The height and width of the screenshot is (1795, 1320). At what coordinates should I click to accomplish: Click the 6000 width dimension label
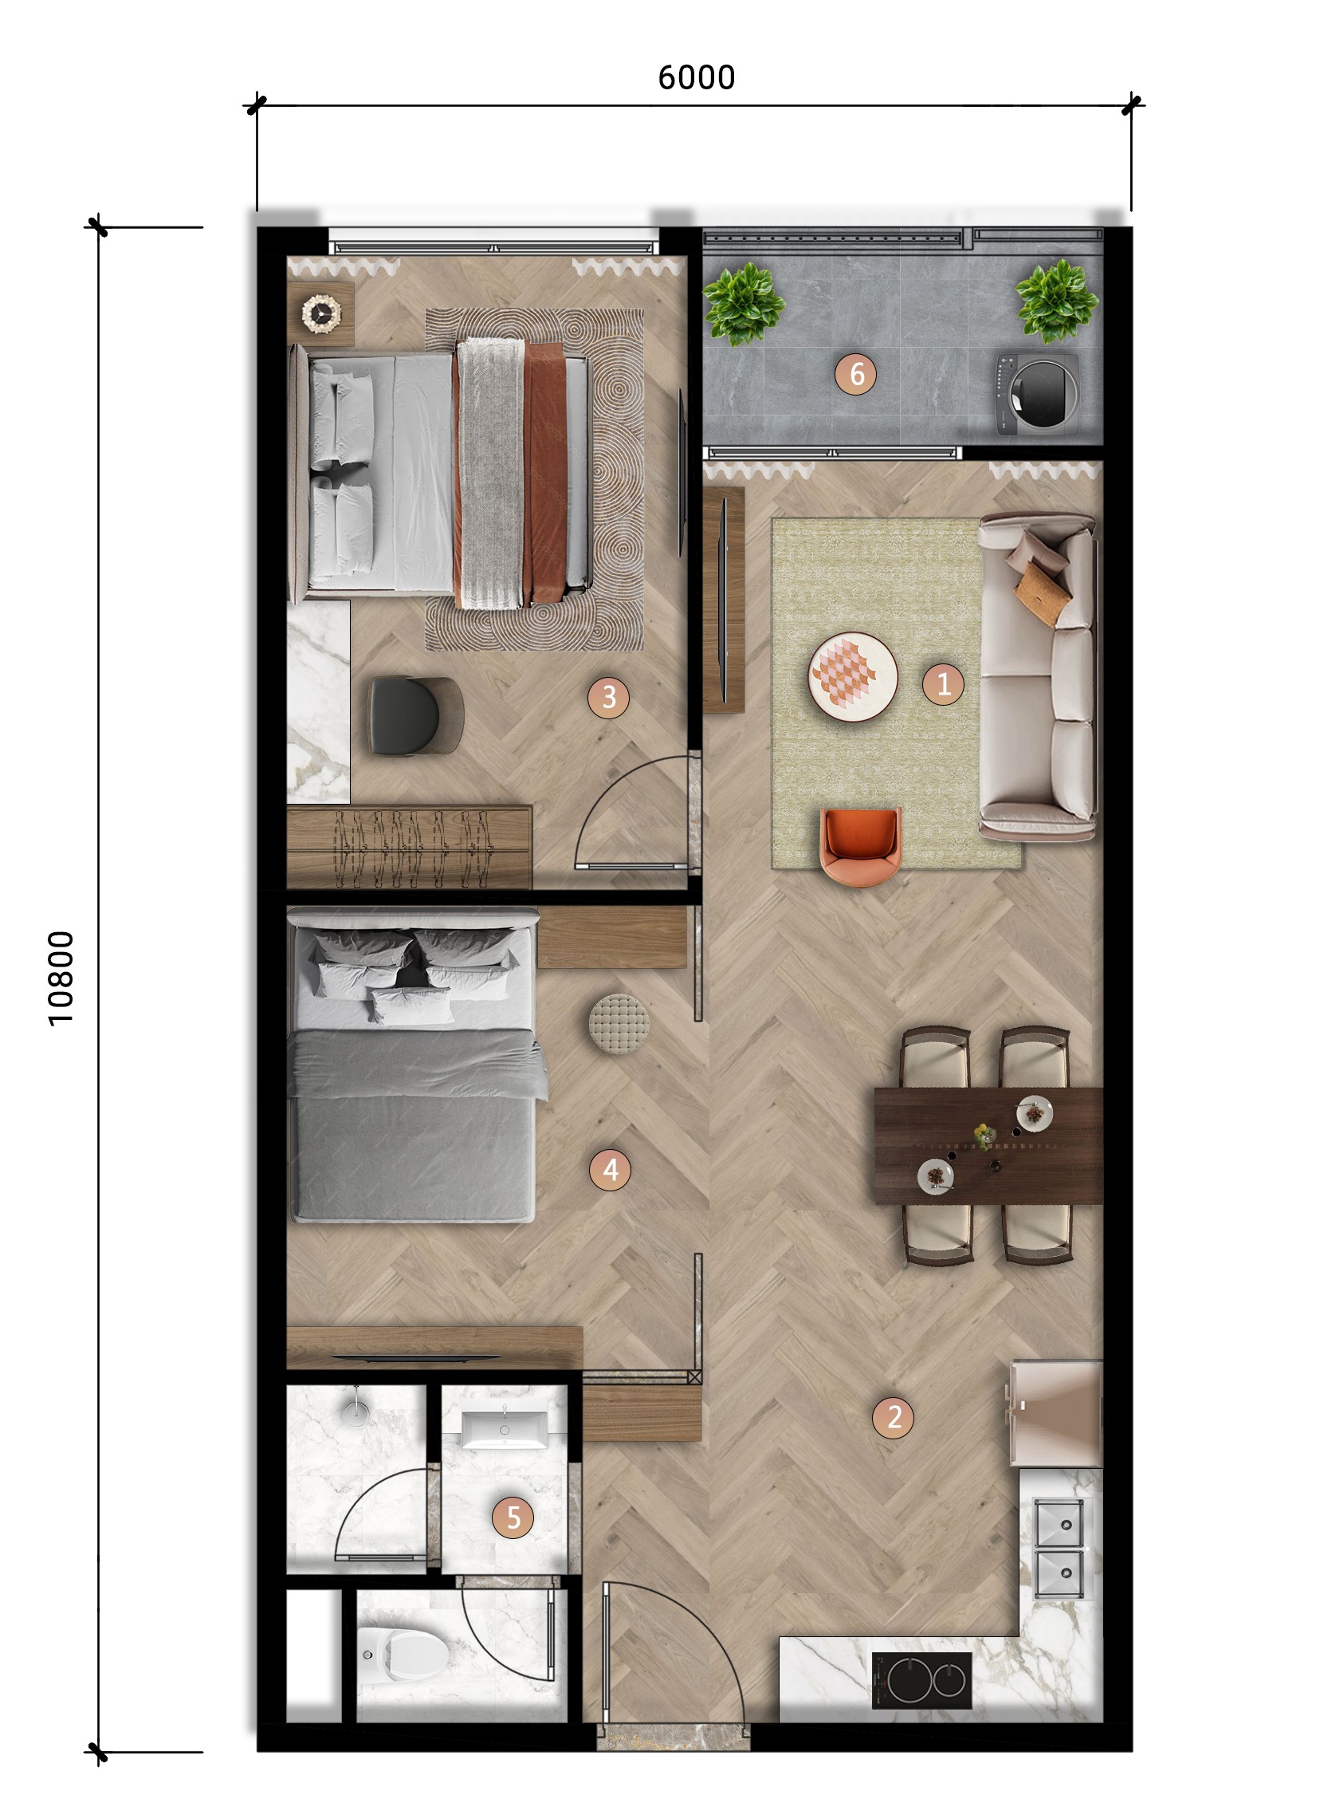(x=696, y=77)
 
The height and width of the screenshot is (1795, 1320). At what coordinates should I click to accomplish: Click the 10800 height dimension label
(x=61, y=978)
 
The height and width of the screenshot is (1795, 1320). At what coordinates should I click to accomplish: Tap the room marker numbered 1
(x=943, y=684)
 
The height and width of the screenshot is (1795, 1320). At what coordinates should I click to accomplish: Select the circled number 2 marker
(x=894, y=1417)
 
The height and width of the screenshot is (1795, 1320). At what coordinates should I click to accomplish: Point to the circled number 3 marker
(x=608, y=697)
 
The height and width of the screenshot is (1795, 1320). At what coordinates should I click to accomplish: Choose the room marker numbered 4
(x=610, y=1170)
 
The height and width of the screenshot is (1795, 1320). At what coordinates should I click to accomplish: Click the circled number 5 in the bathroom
(x=513, y=1517)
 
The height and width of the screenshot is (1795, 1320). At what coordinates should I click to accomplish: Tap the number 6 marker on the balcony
(x=856, y=373)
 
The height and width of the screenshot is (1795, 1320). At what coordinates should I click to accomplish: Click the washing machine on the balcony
(x=1037, y=394)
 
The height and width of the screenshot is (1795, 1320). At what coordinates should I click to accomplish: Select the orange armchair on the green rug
(x=861, y=845)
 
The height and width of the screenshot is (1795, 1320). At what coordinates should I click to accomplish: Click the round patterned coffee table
(x=853, y=676)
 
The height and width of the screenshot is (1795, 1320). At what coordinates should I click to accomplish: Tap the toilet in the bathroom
(x=404, y=1654)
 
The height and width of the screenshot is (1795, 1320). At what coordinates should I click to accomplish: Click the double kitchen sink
(x=1059, y=1548)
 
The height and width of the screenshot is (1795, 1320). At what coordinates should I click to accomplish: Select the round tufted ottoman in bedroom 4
(x=619, y=1024)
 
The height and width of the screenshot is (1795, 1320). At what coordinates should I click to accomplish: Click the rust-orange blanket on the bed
(x=545, y=471)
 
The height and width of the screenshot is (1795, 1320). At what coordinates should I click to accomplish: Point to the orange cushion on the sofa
(x=1042, y=591)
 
